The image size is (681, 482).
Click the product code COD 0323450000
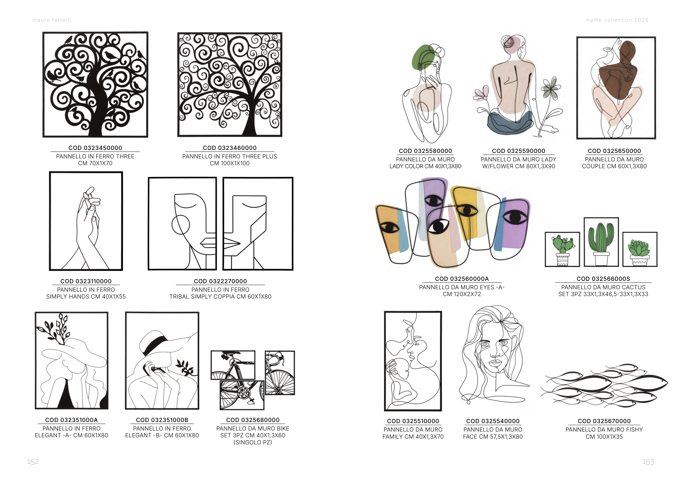pyautogui.click(x=95, y=148)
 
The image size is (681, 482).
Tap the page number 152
pyautogui.click(x=33, y=462)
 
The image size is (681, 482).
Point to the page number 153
pyautogui.click(x=648, y=462)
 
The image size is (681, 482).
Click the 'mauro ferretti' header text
pyautogui.click(x=52, y=20)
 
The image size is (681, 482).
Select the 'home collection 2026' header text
pyautogui.click(x=617, y=20)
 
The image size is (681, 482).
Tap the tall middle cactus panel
pyautogui.click(x=601, y=242)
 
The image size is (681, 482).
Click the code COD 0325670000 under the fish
pyautogui.click(x=604, y=421)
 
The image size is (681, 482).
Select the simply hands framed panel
pyautogui.click(x=86, y=221)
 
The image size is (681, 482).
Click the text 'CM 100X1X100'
pyautogui.click(x=230, y=163)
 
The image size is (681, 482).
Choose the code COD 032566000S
pyautogui.click(x=603, y=279)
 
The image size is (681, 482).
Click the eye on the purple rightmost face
pyautogui.click(x=515, y=217)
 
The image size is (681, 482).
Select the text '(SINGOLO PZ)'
pyautogui.click(x=253, y=442)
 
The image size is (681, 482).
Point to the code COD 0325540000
pyautogui.click(x=493, y=421)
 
